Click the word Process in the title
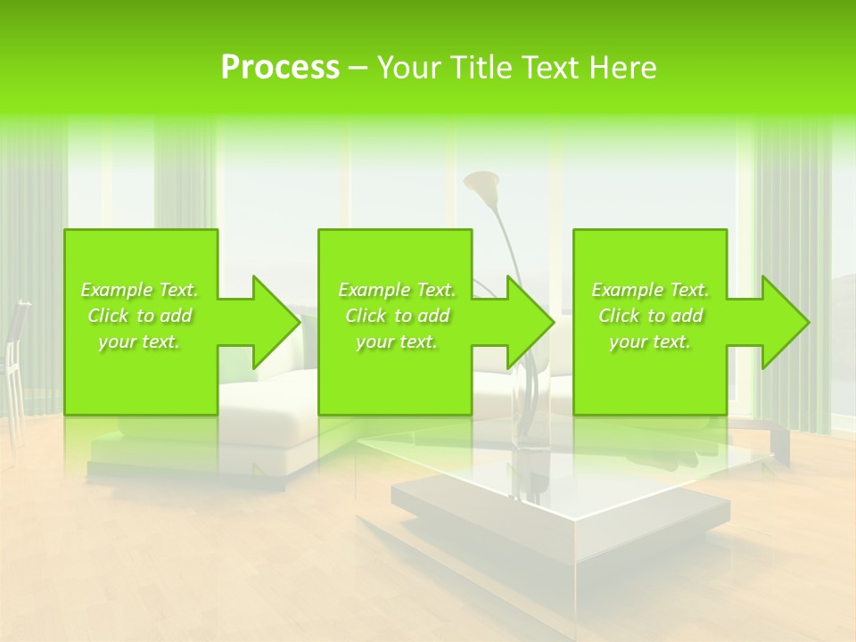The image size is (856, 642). pyautogui.click(x=280, y=68)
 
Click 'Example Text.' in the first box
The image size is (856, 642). pyautogui.click(x=140, y=290)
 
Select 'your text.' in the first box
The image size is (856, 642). pyautogui.click(x=140, y=342)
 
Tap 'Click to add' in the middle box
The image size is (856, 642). pyautogui.click(x=397, y=316)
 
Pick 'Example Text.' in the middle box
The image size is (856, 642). pyautogui.click(x=397, y=290)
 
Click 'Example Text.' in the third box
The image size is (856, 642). pyautogui.click(x=650, y=290)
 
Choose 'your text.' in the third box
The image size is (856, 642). pyautogui.click(x=650, y=342)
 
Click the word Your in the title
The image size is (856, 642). pyautogui.click(x=410, y=68)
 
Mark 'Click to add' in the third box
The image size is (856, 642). pyautogui.click(x=650, y=316)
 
